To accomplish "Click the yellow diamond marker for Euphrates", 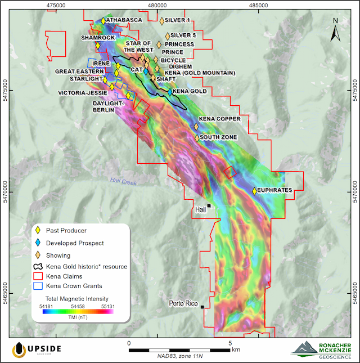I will (x=255, y=191).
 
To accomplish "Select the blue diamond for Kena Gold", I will (x=170, y=91).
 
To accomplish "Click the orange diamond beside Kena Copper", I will (x=196, y=127).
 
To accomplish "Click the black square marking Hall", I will (x=209, y=207).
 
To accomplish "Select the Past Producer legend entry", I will (x=67, y=230).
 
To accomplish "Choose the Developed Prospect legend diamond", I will (x=38, y=243).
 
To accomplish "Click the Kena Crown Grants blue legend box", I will (x=38, y=286).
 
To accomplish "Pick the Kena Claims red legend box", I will (x=38, y=276).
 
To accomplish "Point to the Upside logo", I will (x=37, y=349).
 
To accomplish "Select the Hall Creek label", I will (x=123, y=181).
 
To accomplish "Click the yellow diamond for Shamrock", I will (x=98, y=46).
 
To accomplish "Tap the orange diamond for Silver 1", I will (x=162, y=21).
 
